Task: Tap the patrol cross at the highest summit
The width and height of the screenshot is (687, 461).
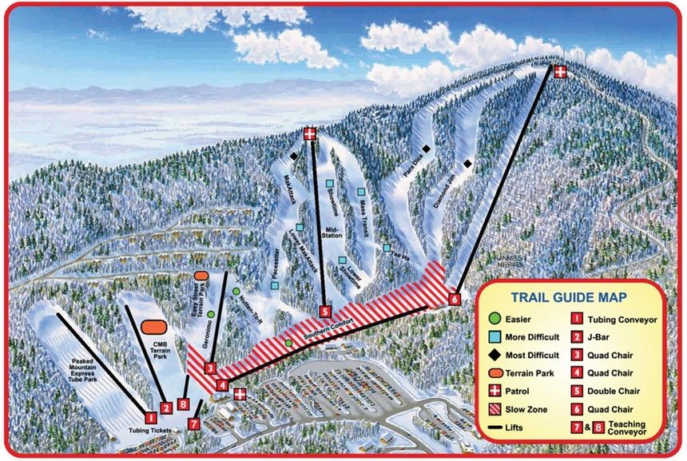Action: coord(561,72)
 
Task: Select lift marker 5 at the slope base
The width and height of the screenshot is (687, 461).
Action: coord(324,311)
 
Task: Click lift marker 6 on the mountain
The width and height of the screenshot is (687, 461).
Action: coord(455,299)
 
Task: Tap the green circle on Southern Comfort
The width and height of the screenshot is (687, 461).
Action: coord(288,344)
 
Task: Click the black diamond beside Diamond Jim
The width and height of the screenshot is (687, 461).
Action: coord(467,164)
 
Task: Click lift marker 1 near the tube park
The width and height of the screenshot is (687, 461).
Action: coord(149,416)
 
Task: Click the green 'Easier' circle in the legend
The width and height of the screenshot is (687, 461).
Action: coord(498,320)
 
